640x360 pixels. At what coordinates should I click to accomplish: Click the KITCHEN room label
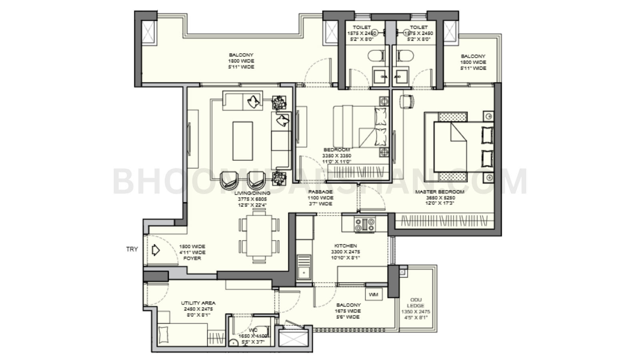pos(346,246)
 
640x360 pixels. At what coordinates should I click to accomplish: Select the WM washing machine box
pos(374,295)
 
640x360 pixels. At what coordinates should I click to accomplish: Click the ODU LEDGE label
pos(416,303)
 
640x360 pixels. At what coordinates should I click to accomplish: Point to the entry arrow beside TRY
pos(156,251)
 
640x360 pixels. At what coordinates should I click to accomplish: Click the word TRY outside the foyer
pos(132,249)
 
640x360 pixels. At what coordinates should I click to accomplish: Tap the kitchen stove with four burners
pos(364,224)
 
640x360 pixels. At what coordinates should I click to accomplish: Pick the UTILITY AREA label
pos(198,303)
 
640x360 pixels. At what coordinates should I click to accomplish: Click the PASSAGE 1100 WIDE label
pos(320,198)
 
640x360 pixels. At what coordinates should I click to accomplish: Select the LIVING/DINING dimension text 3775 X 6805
pos(252,199)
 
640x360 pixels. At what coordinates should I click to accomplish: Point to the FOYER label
pos(192,258)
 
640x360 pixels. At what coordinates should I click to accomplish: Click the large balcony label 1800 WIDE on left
pos(241,61)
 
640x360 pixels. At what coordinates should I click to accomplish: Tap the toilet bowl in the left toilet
pos(376,56)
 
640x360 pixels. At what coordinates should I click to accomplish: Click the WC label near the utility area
pos(253,330)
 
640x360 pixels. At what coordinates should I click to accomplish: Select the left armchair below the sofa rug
pos(229,180)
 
